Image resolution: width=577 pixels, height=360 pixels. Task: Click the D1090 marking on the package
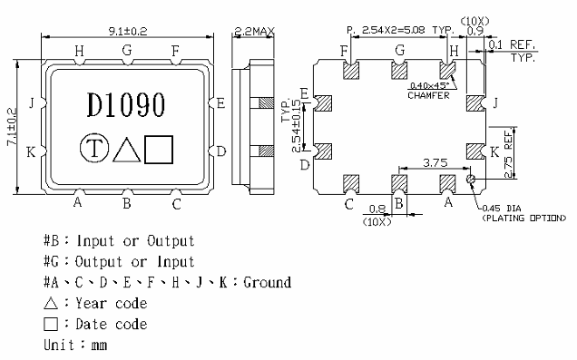[x=126, y=106]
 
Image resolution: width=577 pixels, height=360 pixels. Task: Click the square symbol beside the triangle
[x=159, y=148]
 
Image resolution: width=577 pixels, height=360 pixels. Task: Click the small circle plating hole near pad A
[x=470, y=180]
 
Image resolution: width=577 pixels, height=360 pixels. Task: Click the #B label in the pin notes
[x=53, y=241]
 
